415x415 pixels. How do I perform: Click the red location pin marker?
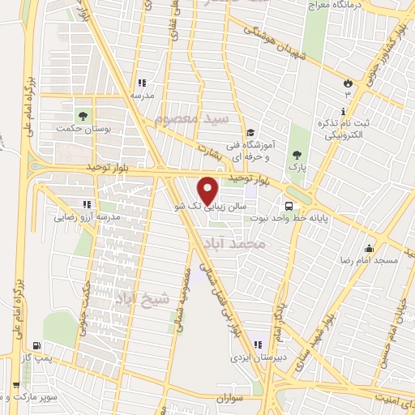pos(208,190)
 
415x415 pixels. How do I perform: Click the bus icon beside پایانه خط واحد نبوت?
pos(289,205)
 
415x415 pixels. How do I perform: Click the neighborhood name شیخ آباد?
pos(145,298)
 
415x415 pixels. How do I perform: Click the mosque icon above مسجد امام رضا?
pos(370,248)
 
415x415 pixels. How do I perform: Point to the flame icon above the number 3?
pos(349,82)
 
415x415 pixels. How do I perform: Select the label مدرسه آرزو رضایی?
pos(88,217)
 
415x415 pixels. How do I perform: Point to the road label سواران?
pos(230,399)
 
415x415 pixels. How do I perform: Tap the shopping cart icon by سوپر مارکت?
pos(15,384)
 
